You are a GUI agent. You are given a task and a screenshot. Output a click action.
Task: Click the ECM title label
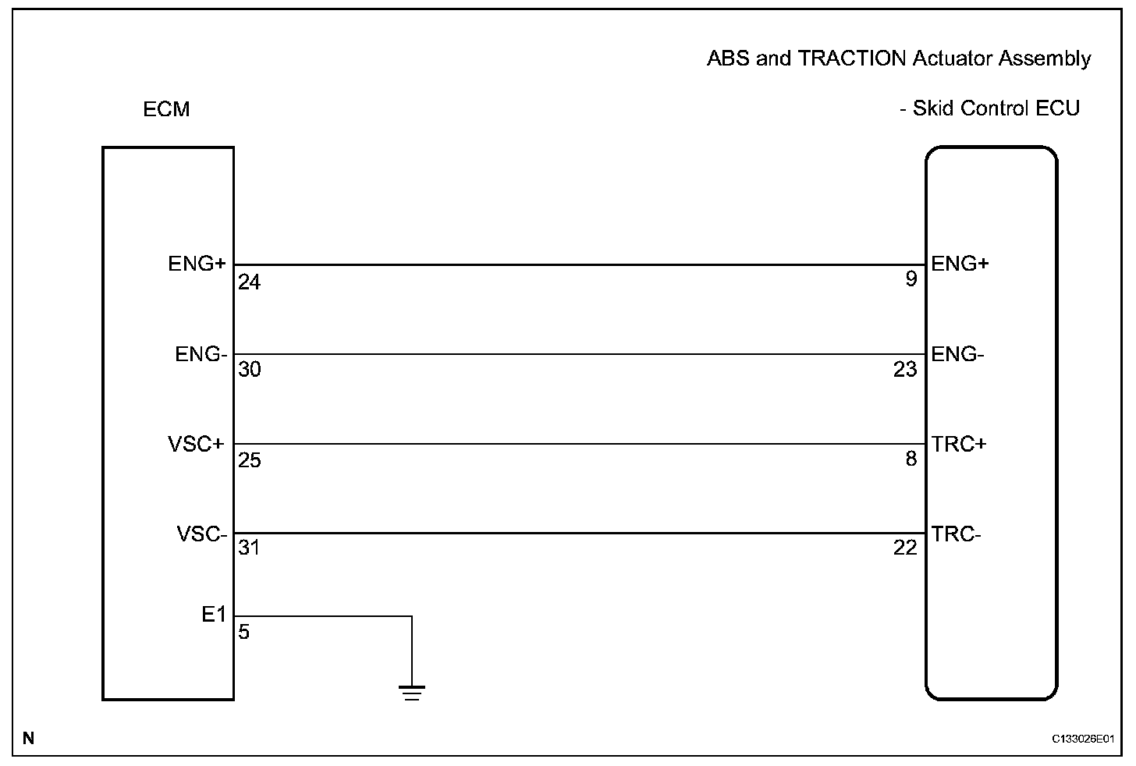166,109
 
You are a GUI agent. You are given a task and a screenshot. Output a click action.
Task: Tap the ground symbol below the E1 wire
411,692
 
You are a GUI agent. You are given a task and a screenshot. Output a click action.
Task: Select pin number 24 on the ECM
249,282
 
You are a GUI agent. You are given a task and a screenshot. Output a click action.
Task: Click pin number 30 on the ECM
249,370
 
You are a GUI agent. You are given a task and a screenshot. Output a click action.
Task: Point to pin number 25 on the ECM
249,461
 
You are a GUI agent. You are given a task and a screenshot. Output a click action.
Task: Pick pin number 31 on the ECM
248,548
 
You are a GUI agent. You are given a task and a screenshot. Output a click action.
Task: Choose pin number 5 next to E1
244,632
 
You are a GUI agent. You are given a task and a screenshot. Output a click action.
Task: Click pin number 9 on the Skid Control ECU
911,279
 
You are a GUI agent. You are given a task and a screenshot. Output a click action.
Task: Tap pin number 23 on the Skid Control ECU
905,370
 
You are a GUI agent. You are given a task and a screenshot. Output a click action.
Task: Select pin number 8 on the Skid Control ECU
911,459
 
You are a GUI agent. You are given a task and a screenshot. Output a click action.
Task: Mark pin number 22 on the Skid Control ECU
905,548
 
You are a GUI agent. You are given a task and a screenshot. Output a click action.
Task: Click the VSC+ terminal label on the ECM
196,445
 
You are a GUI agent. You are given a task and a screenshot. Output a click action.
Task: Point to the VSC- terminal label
201,534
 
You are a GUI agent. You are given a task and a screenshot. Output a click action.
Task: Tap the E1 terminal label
213,615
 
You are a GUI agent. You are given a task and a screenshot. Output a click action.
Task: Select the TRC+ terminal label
959,444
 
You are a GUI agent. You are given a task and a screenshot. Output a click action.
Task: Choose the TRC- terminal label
956,534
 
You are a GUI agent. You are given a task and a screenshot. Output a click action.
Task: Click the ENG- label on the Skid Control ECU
957,355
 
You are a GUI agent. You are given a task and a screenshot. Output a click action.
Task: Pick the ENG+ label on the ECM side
197,264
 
